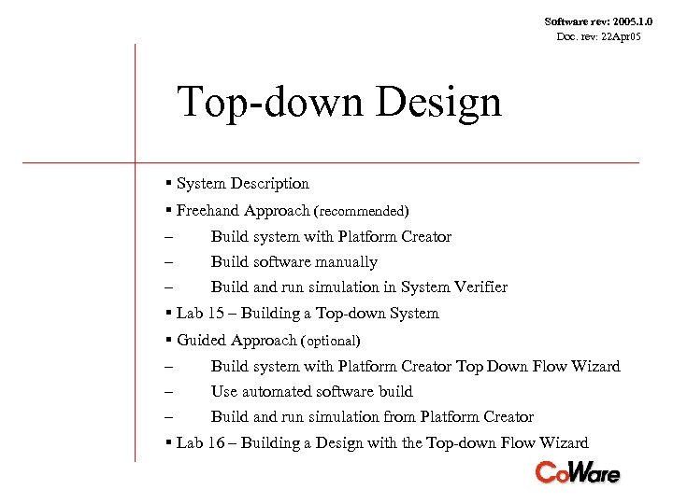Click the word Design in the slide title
438,103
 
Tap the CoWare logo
577,472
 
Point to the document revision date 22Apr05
621,36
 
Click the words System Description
242,184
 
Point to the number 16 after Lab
217,443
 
